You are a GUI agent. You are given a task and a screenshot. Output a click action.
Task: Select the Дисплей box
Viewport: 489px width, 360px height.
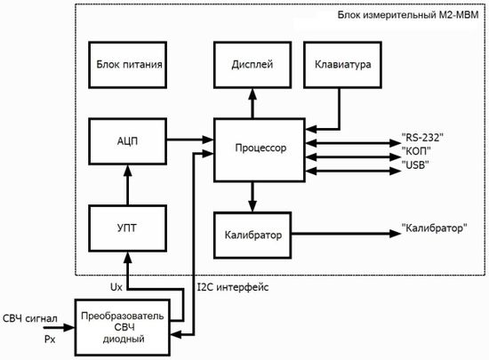[x=253, y=64]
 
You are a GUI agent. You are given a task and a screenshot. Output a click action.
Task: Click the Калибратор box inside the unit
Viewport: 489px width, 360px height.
[x=253, y=235]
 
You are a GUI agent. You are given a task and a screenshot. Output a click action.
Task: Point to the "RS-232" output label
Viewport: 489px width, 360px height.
[x=422, y=138]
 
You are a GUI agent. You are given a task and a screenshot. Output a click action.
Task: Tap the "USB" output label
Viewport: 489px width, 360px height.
[x=416, y=164]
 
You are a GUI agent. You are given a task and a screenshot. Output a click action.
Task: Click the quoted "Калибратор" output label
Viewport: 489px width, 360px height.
[x=435, y=228]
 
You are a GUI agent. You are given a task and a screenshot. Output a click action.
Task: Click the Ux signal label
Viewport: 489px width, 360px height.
[x=116, y=288]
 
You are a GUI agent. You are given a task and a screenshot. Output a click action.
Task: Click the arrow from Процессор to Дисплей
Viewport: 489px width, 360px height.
[x=253, y=101]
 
